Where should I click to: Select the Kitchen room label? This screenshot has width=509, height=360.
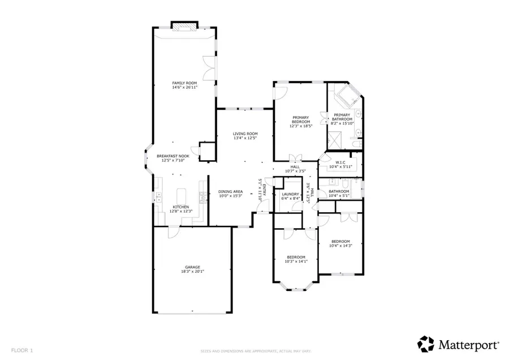180,207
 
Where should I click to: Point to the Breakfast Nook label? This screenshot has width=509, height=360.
173,156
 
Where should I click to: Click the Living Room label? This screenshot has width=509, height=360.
245,134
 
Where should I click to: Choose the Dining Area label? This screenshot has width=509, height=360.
231,191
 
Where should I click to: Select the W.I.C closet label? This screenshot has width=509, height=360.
339,162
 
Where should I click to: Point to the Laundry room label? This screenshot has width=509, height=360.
290,194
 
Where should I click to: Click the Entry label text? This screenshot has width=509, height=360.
264,185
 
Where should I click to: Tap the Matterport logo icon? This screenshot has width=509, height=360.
425,344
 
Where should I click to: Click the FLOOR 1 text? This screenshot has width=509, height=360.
21,350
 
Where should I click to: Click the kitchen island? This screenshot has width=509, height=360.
182,195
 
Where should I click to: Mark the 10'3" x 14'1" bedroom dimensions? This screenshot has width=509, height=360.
296,261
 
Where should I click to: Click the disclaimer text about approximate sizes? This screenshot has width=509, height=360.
254,351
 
